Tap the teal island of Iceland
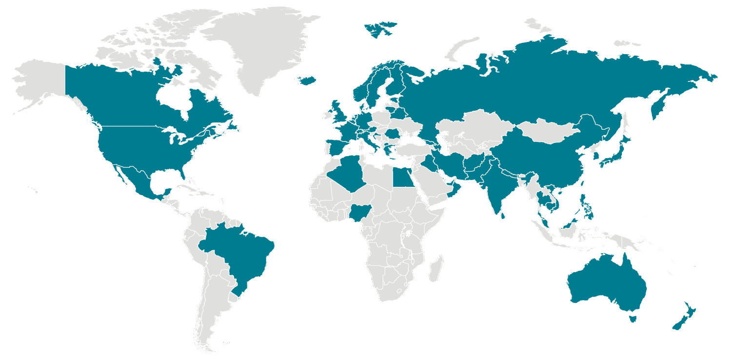[x=307, y=80]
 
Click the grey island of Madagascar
[x=435, y=270]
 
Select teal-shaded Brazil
[x=239, y=254]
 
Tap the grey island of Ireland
[x=326, y=115]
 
